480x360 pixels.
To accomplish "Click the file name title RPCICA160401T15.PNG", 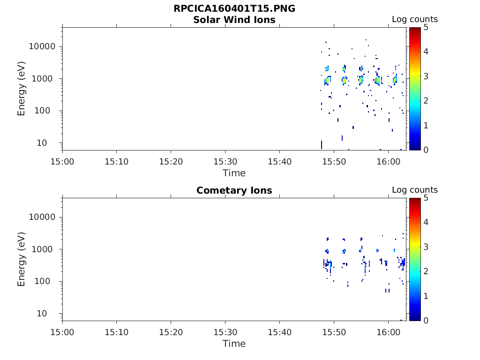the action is [x=234, y=8].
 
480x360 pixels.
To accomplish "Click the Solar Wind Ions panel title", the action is [x=234, y=20].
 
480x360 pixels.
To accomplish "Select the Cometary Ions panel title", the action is [x=234, y=190].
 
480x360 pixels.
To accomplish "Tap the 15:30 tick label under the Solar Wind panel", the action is [x=225, y=162].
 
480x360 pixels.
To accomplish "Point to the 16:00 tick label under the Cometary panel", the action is [x=389, y=332].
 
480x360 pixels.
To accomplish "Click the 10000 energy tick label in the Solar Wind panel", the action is [x=42, y=46].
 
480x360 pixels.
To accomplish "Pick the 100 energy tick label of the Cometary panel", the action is [x=42, y=281].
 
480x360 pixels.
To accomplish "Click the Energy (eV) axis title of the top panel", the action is [x=21, y=89].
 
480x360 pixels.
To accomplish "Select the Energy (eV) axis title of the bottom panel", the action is [x=21, y=259].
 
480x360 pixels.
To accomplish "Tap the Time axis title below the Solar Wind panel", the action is [x=234, y=173].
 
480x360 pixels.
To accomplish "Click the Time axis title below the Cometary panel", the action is [x=234, y=344].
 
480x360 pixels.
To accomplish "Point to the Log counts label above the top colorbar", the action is [x=415, y=19].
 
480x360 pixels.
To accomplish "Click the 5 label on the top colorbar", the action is [x=426, y=28].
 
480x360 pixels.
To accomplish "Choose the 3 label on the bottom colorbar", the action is [x=426, y=247].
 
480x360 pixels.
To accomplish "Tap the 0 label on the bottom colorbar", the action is [x=426, y=321].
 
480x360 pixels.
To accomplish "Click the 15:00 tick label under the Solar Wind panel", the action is [x=62, y=162].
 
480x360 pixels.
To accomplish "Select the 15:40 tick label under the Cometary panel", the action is [x=280, y=332].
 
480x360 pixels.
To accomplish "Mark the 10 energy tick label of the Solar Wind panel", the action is [x=42, y=143].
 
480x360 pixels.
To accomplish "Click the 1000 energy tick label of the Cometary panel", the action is [x=42, y=249].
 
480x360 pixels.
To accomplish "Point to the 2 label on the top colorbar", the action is [x=426, y=101].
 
